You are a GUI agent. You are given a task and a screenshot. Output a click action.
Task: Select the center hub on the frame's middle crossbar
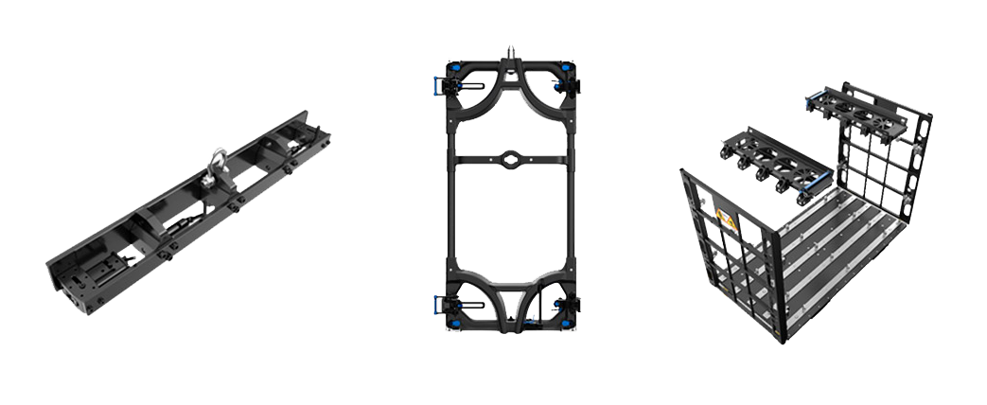[x=510, y=158]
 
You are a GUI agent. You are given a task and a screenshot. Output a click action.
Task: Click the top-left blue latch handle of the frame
[x=437, y=83]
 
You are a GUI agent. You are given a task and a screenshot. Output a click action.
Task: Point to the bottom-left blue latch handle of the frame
[x=436, y=304]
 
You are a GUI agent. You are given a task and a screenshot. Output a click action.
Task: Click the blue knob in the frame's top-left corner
[x=453, y=68]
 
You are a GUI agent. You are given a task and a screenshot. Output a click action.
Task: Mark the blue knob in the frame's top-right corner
[x=566, y=68]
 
